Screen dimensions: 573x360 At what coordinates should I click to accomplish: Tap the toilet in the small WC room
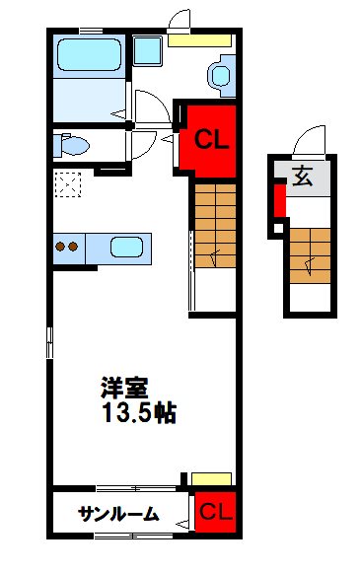pos(71,146)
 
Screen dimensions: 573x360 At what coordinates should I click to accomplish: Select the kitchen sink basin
pos(126,247)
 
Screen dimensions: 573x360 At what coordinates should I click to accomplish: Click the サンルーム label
pos(118,513)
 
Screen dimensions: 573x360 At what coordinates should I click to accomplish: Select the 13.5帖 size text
pos(137,412)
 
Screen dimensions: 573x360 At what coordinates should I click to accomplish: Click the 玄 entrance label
pos(301,179)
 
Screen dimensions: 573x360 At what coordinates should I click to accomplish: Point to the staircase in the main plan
pos(214,224)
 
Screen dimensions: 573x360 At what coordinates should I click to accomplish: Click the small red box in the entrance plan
pos(279,202)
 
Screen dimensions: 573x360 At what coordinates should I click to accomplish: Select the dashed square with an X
pos(68,184)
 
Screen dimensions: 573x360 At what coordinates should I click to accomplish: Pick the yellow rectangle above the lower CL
pos(212,479)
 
